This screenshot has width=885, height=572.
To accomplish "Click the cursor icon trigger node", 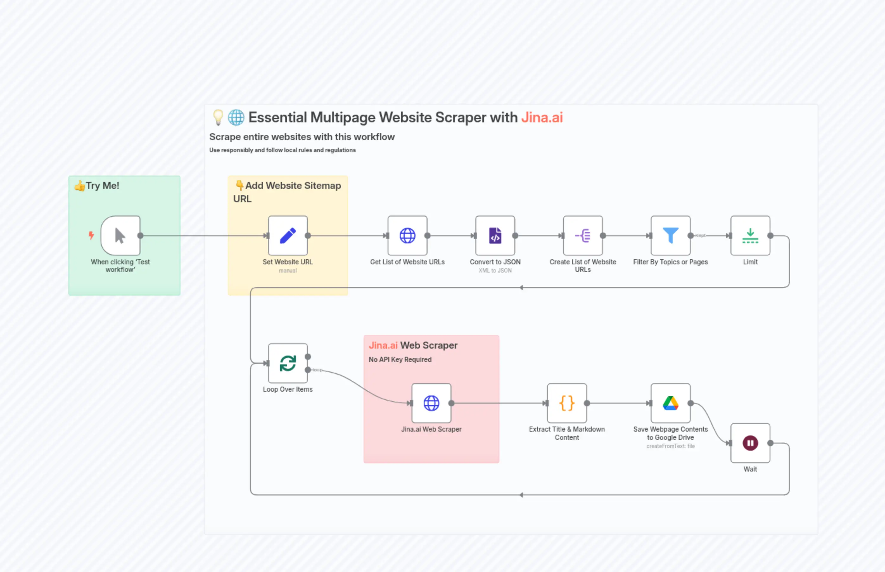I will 120,235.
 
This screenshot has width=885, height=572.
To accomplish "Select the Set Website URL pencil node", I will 288,235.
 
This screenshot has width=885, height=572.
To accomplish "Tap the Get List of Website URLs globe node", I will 407,235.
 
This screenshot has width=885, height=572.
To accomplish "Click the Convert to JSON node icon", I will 495,235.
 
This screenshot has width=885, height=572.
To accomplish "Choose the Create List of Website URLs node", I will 583,235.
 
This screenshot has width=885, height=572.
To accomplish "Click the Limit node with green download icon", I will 750,235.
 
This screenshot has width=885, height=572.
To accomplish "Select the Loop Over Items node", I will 288,363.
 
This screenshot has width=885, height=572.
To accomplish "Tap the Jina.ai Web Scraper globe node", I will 431,403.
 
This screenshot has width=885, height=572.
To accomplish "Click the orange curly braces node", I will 566,403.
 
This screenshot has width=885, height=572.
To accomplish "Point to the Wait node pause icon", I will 750,443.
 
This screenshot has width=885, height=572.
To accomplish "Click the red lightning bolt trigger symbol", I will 91,235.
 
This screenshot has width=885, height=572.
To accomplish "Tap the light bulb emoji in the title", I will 218,117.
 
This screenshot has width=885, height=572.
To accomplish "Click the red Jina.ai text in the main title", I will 542,117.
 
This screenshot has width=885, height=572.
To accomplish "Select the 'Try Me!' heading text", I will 102,185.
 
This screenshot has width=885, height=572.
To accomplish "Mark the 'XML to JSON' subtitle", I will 495,270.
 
